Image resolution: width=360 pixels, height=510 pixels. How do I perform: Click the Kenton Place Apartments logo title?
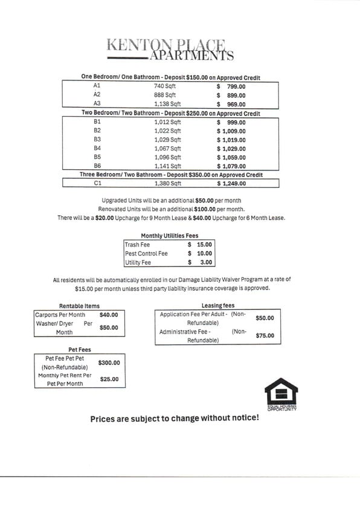170,50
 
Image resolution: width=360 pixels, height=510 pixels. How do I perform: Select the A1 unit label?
97,86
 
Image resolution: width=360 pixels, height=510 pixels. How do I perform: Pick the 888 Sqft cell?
167,95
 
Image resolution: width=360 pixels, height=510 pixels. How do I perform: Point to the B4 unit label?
97,148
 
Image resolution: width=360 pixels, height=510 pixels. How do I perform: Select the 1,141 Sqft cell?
167,166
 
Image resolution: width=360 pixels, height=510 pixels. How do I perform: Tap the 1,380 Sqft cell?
167,183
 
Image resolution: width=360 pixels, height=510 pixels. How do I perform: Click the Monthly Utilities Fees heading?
169,236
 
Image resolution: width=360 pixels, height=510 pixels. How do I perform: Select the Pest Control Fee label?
146,254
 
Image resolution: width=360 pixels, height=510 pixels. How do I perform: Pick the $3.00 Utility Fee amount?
200,262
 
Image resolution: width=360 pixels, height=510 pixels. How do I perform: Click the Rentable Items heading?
79,306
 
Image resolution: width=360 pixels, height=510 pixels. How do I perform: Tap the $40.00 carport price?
109,315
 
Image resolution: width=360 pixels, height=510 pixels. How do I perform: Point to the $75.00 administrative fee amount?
265,335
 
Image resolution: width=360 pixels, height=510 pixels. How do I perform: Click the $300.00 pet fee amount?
109,363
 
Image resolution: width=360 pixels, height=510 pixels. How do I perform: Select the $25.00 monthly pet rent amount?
109,379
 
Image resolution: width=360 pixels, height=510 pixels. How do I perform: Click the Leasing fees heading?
218,306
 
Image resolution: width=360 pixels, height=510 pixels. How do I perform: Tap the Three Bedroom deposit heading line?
171,175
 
